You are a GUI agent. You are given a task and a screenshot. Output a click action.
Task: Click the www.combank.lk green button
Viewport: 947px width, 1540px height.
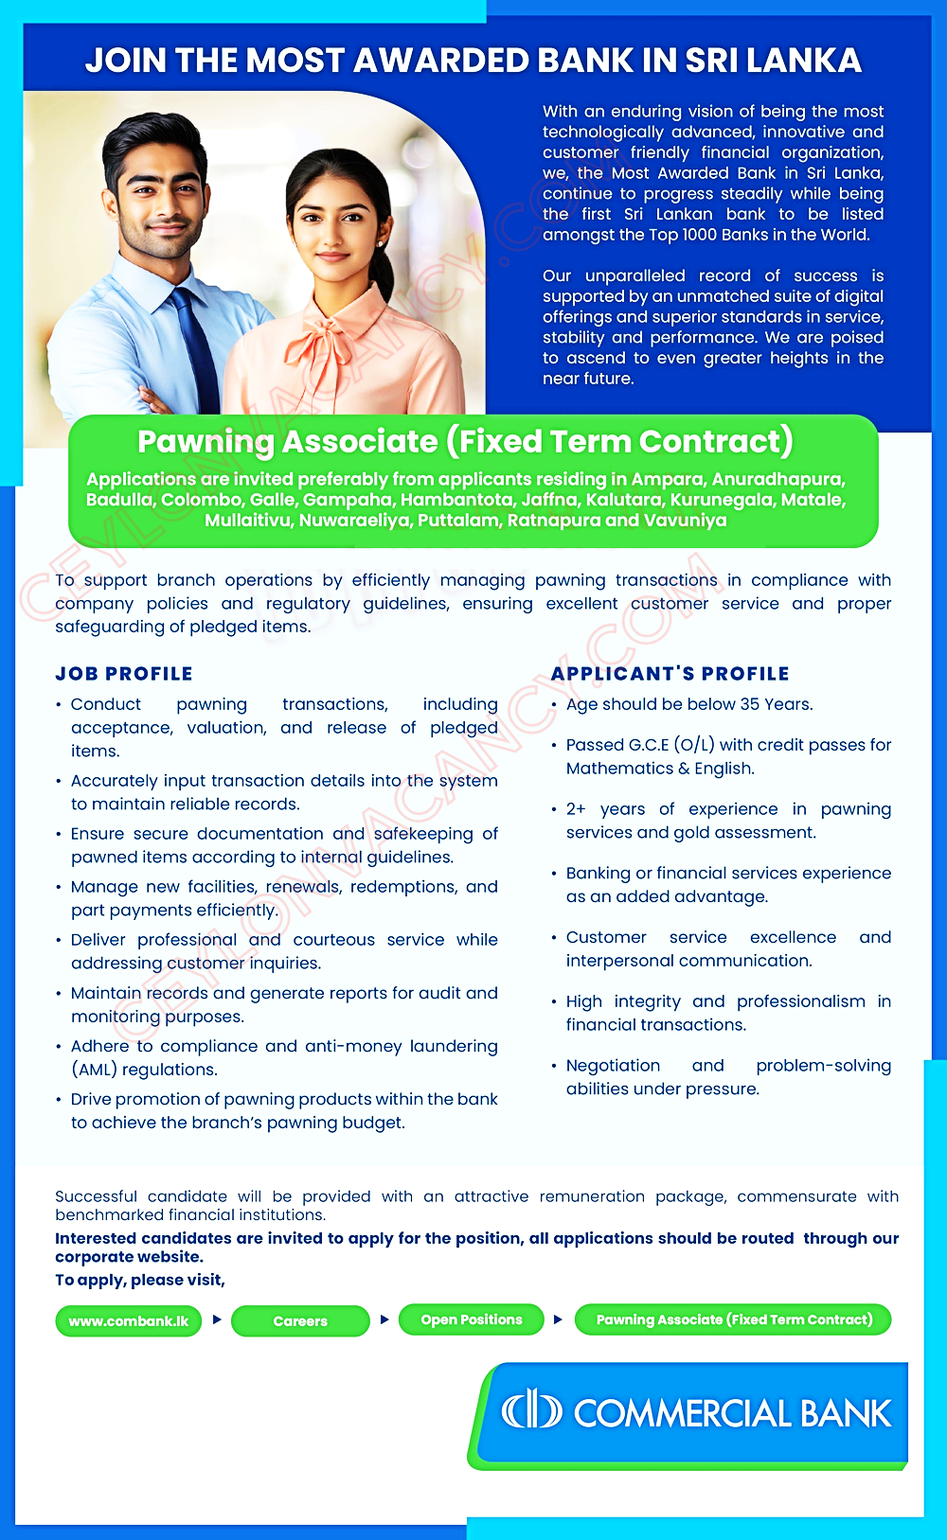[x=129, y=1320]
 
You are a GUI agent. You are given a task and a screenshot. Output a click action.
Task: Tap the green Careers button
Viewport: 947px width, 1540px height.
[x=300, y=1320]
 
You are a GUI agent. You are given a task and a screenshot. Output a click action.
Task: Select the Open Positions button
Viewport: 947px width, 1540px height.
[x=472, y=1319]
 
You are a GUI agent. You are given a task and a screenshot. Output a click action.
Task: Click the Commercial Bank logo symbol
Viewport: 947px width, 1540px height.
[x=531, y=1411]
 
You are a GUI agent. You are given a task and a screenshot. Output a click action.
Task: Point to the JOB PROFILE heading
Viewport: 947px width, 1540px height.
[x=124, y=674]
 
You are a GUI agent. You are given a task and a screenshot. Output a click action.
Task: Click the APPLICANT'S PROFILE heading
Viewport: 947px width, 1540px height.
[x=670, y=674]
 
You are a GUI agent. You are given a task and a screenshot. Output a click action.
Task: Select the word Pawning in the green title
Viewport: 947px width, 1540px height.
[x=205, y=442]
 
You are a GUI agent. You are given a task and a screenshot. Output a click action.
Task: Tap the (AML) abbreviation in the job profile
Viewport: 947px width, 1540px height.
[x=95, y=1070]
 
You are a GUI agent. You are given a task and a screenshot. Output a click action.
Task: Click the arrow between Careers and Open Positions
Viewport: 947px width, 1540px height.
[x=384, y=1319]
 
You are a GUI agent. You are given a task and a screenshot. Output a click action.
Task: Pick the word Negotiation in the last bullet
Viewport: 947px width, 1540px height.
[x=613, y=1066]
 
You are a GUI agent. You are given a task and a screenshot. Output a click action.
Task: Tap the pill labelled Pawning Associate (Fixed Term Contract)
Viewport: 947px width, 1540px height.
[x=734, y=1319]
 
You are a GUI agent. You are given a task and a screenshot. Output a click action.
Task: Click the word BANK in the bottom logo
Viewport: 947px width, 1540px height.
[x=846, y=1413]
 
